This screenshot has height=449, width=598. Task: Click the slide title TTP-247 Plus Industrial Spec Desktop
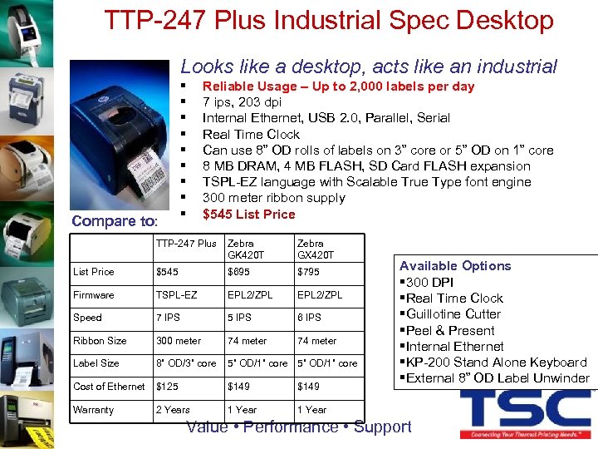[329, 20]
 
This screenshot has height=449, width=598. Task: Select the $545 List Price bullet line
[248, 214]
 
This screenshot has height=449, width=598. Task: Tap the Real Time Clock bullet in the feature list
[251, 134]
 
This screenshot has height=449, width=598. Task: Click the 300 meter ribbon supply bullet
[273, 198]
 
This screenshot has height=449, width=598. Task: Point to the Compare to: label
[115, 220]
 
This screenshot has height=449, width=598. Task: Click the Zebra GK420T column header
[246, 249]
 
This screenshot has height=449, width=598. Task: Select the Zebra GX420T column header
[316, 249]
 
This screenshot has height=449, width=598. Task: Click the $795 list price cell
[308, 272]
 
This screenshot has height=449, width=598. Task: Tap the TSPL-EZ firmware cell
[177, 295]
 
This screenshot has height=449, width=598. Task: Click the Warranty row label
[94, 410]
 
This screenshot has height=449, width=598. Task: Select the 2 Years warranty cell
[173, 410]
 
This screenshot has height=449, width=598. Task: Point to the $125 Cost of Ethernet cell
[169, 387]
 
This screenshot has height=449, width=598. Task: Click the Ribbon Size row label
[100, 341]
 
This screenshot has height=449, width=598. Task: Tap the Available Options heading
[455, 266]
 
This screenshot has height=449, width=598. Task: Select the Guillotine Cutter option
[453, 314]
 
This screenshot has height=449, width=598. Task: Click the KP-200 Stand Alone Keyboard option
[496, 363]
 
